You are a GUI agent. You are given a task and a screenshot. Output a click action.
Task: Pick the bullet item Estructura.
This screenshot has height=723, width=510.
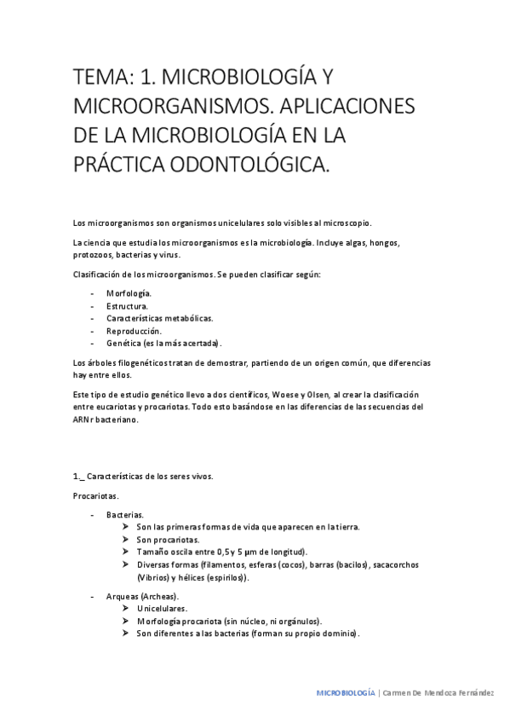[128, 305]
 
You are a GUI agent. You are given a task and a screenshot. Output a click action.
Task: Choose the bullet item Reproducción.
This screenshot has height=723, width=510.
[134, 330]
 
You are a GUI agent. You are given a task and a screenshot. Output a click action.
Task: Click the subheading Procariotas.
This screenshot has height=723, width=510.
[95, 495]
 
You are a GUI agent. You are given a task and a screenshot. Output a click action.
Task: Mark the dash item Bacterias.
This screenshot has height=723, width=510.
[125, 515]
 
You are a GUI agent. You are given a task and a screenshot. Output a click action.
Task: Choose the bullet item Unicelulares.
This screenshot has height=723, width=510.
[162, 609]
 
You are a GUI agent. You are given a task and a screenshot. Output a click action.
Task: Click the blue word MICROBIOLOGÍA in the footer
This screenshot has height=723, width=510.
[346, 694]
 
